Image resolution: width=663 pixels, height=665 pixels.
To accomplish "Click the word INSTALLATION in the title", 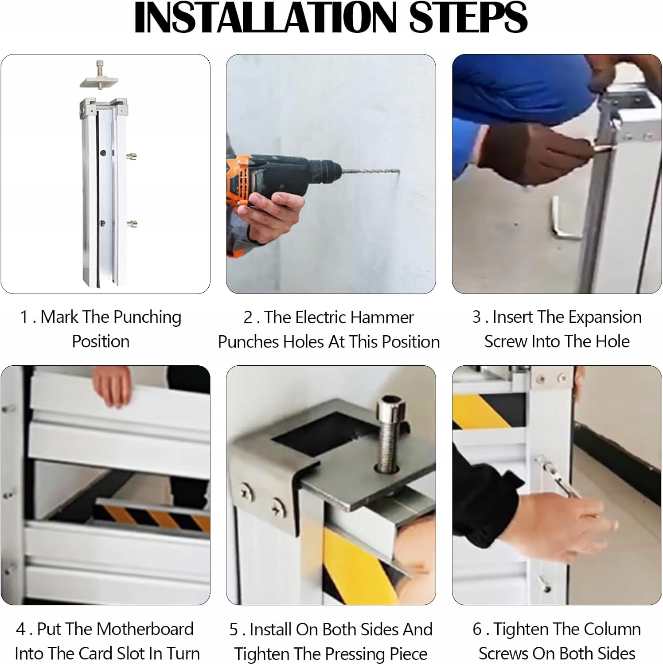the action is click(265, 17).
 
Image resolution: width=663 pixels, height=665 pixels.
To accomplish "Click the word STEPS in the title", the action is click(468, 17).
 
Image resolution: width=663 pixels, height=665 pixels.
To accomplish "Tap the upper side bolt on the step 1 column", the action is click(132, 156).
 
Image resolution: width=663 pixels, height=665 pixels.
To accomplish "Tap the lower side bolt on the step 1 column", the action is click(132, 224).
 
